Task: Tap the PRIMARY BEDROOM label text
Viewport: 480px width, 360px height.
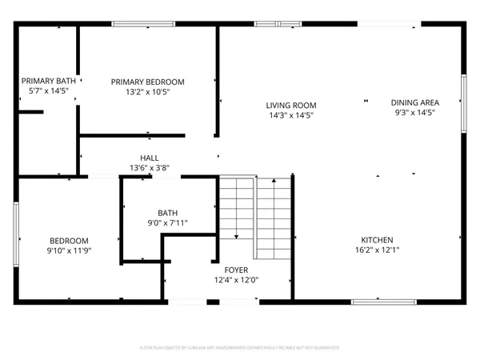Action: coord(148,82)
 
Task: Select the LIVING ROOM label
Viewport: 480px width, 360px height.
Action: coord(291,105)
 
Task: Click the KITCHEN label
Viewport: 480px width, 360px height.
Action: coord(376,240)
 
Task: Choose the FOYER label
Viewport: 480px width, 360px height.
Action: coord(235,270)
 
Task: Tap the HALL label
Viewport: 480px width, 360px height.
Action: coord(150,158)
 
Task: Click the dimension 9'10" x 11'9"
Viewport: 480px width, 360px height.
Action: coord(69,251)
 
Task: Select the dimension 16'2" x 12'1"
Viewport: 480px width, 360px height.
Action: coord(376,250)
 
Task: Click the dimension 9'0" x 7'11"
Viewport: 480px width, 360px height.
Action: coord(167,222)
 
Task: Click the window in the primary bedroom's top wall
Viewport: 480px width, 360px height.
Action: coord(143,24)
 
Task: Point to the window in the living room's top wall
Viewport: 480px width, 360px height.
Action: coord(267,24)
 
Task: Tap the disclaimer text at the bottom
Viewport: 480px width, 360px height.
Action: coord(240,348)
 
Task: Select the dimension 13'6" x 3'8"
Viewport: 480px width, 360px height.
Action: coord(150,168)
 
